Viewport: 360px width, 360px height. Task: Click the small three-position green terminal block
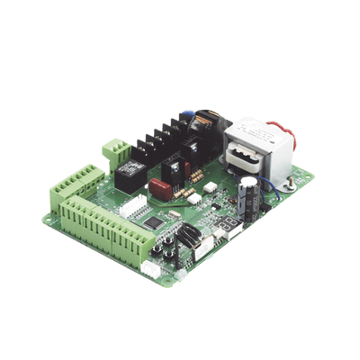tap(116, 149)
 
